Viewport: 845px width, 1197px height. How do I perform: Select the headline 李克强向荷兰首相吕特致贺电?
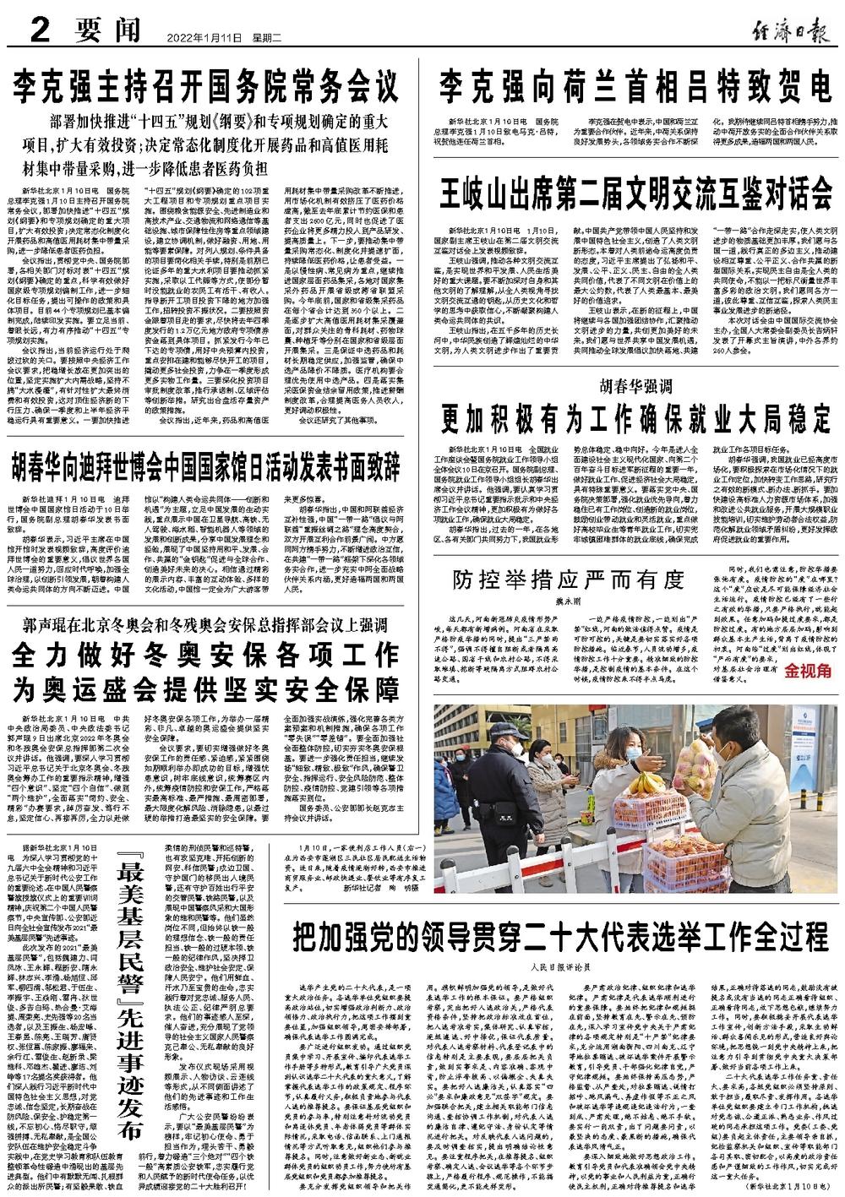pos(633,86)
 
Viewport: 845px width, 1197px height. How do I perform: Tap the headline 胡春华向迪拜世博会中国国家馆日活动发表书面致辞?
pos(207,465)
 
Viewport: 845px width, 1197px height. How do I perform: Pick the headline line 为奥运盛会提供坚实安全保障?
pos(208,687)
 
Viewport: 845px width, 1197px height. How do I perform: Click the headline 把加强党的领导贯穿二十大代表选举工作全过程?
pos(559,937)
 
